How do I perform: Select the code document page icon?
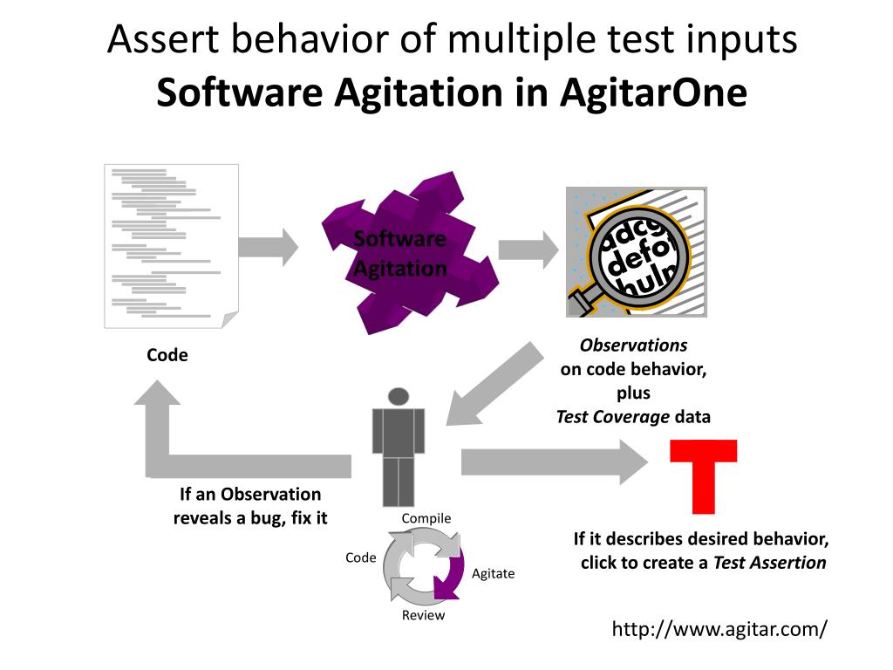[171, 246]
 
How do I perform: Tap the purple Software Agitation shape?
[406, 253]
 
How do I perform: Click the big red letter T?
[703, 475]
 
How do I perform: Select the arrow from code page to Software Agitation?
[268, 247]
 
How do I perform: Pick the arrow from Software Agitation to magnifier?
[528, 250]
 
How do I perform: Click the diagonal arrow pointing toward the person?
[493, 383]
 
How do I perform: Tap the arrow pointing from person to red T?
[554, 461]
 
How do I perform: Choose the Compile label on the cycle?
[426, 519]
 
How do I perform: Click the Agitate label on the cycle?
[493, 574]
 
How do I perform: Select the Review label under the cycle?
[423, 616]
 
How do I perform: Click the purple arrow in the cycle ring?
[451, 571]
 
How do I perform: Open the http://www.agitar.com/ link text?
[719, 629]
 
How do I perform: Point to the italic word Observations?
[634, 345]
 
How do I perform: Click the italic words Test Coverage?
[613, 417]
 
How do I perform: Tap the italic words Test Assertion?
[769, 563]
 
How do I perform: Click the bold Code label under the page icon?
[167, 355]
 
